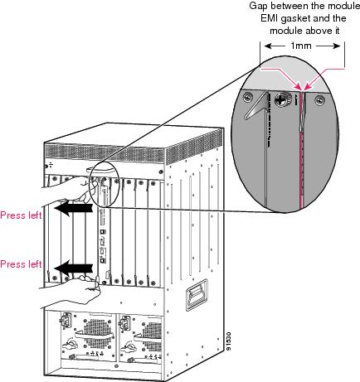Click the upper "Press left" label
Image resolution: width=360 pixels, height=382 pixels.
pos(21,215)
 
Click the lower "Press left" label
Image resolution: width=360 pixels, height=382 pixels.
pos(21,264)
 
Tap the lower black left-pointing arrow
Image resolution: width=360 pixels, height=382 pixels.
pos(73,268)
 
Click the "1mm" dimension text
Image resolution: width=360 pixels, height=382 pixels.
pos(301,46)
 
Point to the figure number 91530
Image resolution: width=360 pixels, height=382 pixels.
pos(228,341)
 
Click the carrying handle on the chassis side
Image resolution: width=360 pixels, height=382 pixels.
pos(197,295)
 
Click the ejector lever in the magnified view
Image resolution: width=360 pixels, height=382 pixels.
pos(256,106)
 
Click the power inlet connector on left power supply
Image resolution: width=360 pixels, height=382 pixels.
pos(66,320)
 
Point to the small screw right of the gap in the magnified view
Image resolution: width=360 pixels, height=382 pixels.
pos(320,99)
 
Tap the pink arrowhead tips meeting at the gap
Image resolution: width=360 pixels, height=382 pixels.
pos(304,89)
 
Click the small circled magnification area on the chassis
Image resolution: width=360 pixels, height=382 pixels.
pos(104,185)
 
